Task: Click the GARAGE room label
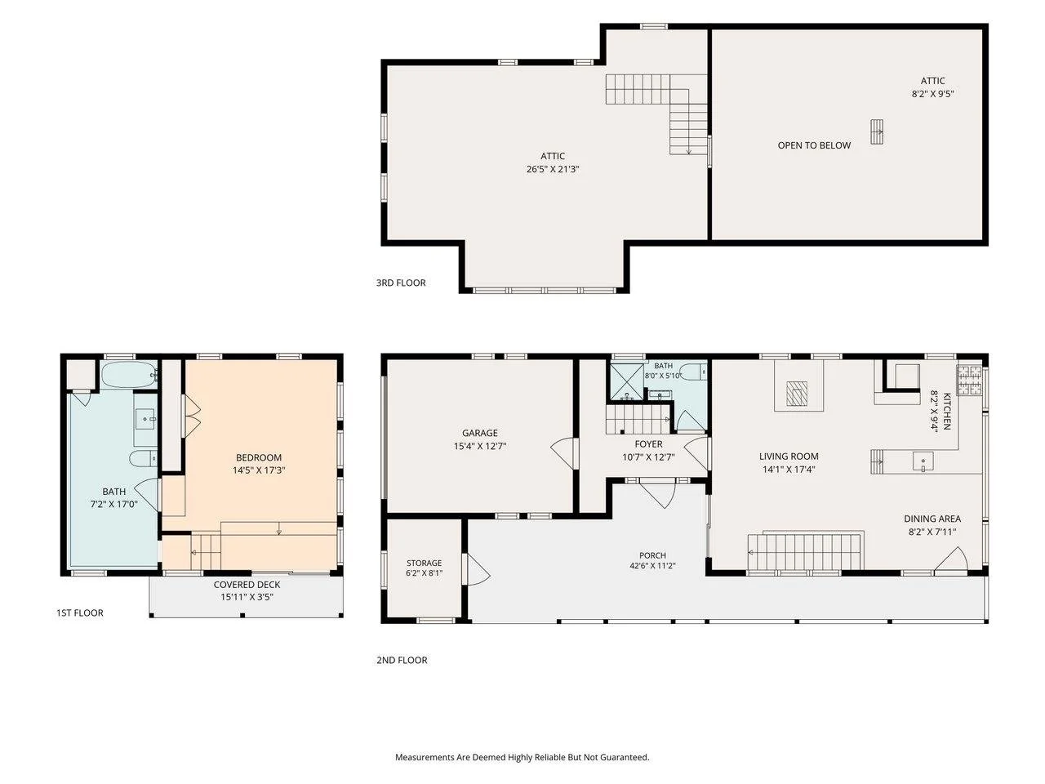pos(479,433)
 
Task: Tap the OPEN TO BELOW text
pos(814,145)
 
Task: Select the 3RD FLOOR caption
pos(401,283)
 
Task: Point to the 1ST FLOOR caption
pos(80,612)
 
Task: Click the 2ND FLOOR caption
pos(402,660)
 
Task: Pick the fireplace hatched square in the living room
pos(797,393)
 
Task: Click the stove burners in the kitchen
pos(970,380)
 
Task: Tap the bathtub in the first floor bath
pos(129,375)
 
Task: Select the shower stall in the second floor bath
pos(626,381)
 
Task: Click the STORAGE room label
pos(424,563)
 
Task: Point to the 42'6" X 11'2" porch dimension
pos(652,565)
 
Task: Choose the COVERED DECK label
pos(247,585)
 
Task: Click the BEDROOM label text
pos(259,457)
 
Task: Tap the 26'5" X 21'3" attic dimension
pos(552,169)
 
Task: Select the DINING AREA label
pos(932,519)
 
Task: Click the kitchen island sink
pos(923,461)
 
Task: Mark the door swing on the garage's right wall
pos(563,453)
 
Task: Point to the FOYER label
pos(648,444)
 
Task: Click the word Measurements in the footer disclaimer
pos(421,757)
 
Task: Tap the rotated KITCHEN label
pos(947,412)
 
